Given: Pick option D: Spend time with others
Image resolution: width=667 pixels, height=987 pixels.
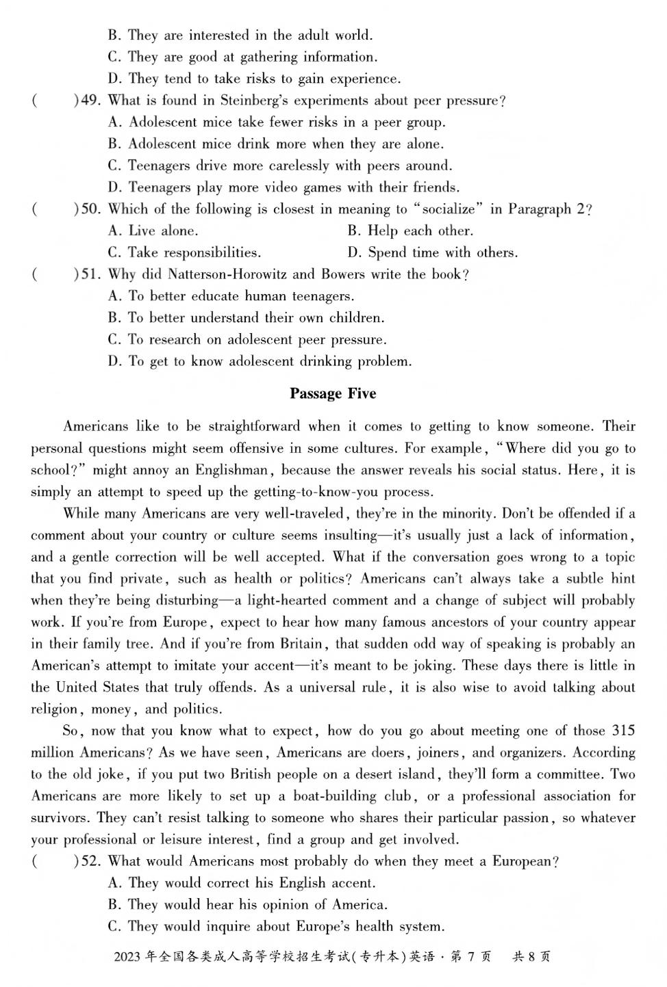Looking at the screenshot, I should (432, 252).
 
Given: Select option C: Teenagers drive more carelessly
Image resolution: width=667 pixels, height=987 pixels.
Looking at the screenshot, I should (280, 166).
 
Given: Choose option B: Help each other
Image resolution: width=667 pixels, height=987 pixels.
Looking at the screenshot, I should (410, 231).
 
